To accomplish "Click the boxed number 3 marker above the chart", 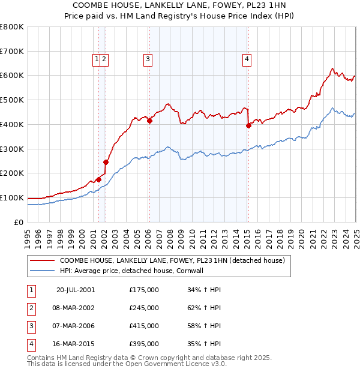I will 147,59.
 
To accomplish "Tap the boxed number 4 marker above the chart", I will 247,59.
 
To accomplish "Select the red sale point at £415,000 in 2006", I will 149,121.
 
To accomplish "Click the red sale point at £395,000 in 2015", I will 248,125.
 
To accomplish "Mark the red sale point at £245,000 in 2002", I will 106,162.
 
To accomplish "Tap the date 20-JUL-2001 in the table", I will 76,290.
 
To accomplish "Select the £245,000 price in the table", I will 144,308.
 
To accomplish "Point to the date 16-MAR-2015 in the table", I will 76,344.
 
